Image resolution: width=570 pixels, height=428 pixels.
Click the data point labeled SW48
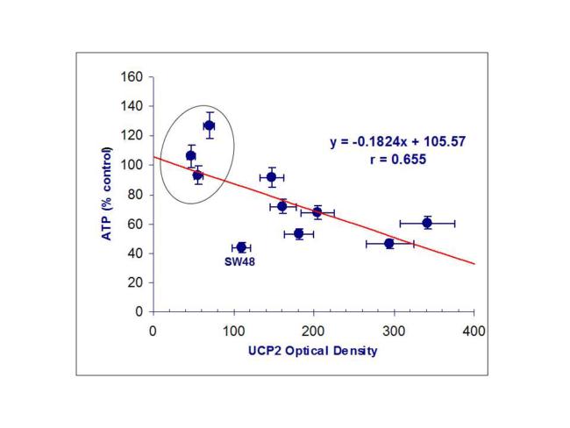(x=241, y=247)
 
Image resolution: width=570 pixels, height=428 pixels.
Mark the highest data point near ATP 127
(x=209, y=125)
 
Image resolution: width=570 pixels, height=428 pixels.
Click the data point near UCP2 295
(x=389, y=243)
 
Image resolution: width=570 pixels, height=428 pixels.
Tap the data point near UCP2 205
(x=317, y=212)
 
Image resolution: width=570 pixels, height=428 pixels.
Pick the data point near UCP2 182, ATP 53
(x=299, y=234)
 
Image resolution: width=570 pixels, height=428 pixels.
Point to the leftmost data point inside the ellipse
(x=190, y=156)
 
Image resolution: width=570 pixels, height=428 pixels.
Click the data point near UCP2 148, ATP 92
(x=272, y=177)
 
